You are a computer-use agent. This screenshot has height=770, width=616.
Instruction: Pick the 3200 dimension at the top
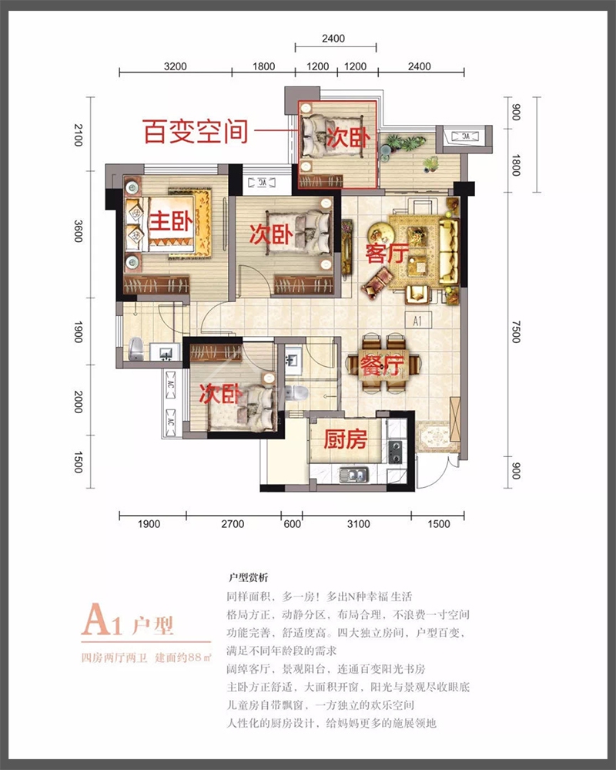(x=176, y=66)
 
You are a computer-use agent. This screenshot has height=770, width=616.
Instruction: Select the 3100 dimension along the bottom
(x=358, y=524)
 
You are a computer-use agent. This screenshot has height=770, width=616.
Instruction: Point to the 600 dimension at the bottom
(x=292, y=524)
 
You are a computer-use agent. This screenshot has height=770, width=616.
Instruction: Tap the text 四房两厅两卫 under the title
(x=114, y=657)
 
